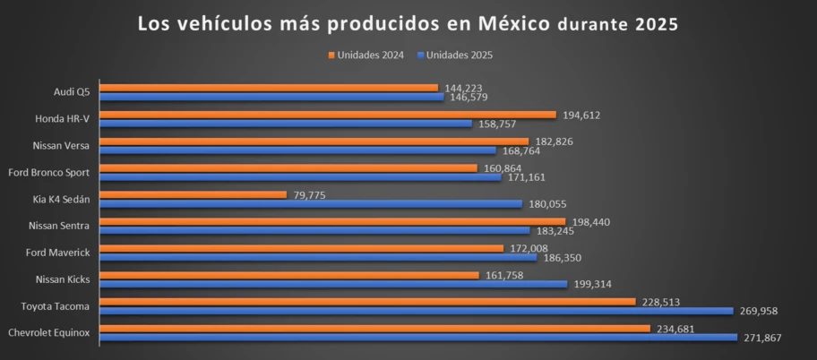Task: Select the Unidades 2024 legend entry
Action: (367, 56)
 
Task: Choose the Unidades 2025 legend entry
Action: (455, 56)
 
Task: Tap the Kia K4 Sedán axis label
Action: (61, 199)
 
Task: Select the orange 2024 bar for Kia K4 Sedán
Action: (193, 194)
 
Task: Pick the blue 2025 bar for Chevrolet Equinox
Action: (417, 338)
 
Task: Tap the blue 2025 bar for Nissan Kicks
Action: (333, 284)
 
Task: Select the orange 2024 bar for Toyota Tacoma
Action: (367, 302)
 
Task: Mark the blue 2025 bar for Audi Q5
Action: (271, 97)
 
